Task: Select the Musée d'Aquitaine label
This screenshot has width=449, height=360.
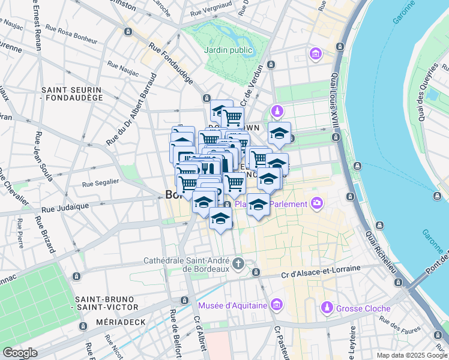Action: click(x=233, y=306)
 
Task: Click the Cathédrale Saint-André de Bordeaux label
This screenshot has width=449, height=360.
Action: click(x=186, y=265)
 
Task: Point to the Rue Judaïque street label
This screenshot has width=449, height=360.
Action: click(x=65, y=207)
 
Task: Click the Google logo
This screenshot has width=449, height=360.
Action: click(x=20, y=353)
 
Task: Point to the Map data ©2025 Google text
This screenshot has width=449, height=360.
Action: click(x=412, y=355)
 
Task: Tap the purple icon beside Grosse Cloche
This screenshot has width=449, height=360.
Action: click(x=327, y=307)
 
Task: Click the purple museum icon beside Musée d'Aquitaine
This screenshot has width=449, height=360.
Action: click(x=276, y=305)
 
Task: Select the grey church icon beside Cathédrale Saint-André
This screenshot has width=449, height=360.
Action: click(x=238, y=263)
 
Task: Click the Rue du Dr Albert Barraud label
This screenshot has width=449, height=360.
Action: click(x=130, y=110)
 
